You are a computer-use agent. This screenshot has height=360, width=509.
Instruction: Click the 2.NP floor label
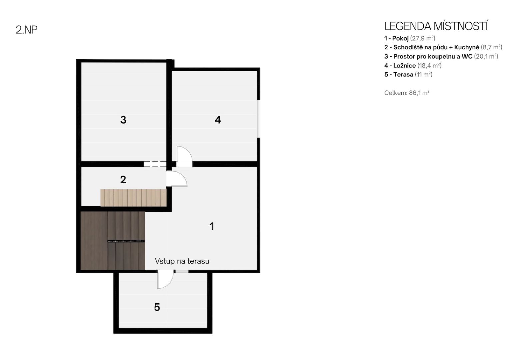tap(26, 30)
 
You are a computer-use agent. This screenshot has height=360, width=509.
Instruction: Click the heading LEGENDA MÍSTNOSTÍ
tap(436, 26)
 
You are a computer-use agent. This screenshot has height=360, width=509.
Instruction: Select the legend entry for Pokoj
tap(410, 38)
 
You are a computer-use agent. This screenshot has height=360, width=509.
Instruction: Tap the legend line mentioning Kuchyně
tap(443, 47)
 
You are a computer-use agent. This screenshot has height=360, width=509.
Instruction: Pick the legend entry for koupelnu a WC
tap(441, 56)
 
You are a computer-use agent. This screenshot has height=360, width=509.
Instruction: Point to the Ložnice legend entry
tap(413, 65)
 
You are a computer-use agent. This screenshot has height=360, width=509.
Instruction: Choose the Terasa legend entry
tap(408, 75)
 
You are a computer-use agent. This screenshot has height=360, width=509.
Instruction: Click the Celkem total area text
tap(407, 93)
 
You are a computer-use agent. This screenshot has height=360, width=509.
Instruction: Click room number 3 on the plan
tap(123, 120)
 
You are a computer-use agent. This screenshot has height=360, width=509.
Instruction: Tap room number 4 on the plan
tap(218, 120)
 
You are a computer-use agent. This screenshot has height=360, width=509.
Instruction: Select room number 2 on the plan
tap(123, 180)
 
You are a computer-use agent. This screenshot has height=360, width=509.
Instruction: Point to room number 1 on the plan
tap(212, 226)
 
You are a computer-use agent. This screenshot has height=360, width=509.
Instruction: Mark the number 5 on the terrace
tap(157, 307)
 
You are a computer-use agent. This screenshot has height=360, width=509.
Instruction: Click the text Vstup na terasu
tap(182, 261)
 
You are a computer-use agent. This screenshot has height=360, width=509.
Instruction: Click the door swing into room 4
tap(185, 156)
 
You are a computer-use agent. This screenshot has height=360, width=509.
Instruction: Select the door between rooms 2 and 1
tap(177, 179)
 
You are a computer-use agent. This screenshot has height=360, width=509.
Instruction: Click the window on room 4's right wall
tap(259, 119)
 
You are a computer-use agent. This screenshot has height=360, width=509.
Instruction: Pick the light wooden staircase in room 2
tap(134, 198)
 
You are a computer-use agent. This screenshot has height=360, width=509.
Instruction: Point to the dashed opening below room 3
tap(155, 164)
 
